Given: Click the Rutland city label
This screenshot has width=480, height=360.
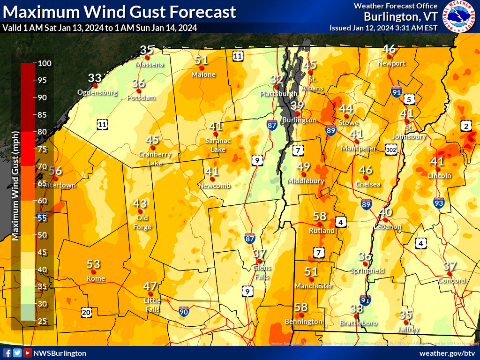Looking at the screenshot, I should [x=322, y=231].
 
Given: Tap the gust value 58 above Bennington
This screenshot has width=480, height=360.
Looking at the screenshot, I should [x=301, y=307].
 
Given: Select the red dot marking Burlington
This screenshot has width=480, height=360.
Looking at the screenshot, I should [x=296, y=112].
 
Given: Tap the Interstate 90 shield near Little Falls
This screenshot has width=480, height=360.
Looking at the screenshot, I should [x=184, y=310].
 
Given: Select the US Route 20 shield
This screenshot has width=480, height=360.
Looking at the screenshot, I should [x=86, y=312].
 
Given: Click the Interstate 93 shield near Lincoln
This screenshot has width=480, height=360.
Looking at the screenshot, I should [x=439, y=202].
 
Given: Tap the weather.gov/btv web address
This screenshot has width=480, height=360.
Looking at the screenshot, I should [x=447, y=353].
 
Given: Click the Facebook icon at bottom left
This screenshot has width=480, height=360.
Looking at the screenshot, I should [x=7, y=353].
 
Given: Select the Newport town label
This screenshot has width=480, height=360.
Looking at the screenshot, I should [x=391, y=63].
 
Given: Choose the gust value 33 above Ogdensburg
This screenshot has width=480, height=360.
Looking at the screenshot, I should [x=95, y=78].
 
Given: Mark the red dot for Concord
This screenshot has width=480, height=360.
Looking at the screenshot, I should [x=449, y=273].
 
